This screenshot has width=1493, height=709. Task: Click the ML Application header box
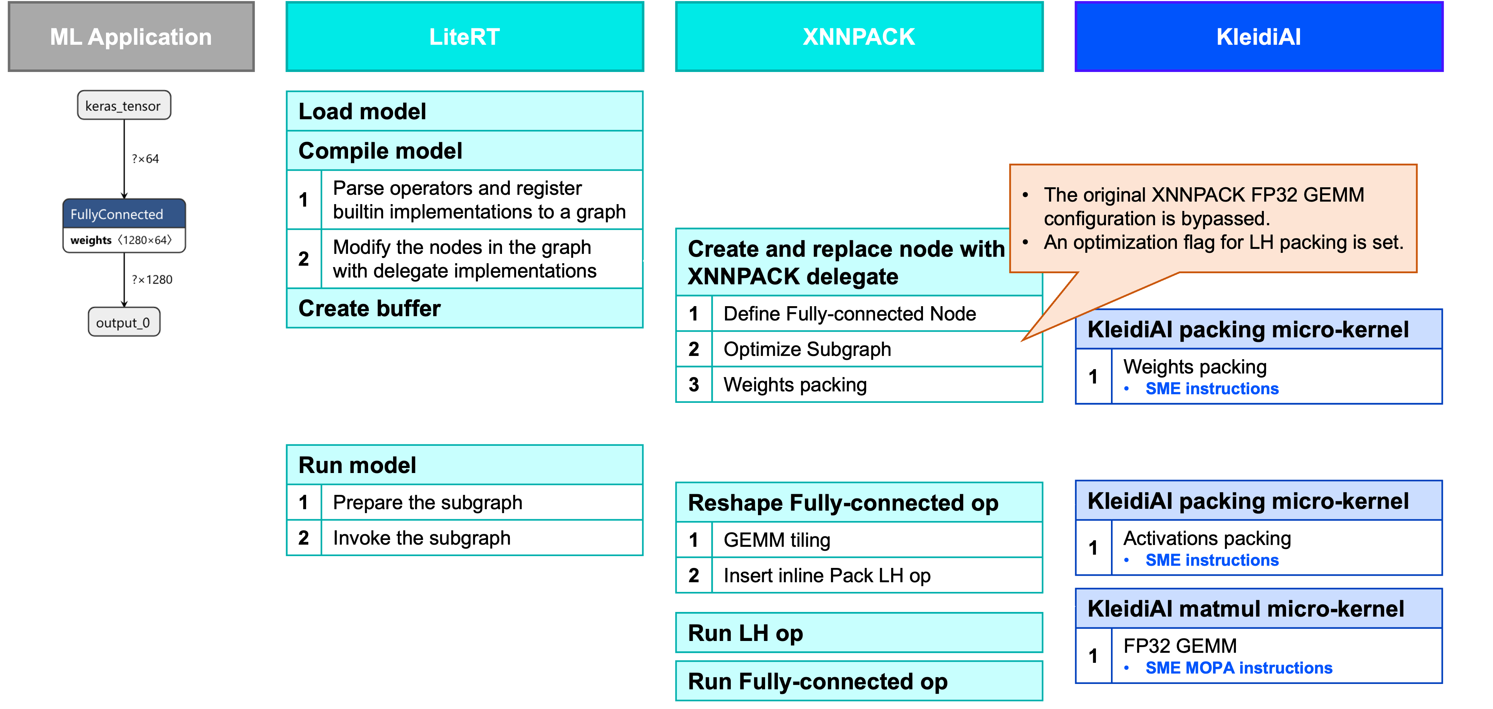click(x=131, y=37)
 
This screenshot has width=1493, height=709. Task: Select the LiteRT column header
click(x=464, y=37)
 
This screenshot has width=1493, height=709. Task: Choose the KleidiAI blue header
click(x=1258, y=37)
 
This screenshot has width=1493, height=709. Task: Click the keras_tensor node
click(x=124, y=106)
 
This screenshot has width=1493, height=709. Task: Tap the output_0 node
click(x=124, y=322)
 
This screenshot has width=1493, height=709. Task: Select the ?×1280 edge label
click(x=152, y=279)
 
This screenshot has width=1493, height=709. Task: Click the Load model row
click(x=464, y=111)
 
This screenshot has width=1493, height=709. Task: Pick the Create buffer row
click(x=464, y=308)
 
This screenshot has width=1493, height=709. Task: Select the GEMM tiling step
click(x=777, y=540)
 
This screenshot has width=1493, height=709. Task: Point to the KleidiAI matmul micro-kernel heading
click(x=1246, y=609)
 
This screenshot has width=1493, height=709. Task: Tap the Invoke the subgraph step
click(x=421, y=538)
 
